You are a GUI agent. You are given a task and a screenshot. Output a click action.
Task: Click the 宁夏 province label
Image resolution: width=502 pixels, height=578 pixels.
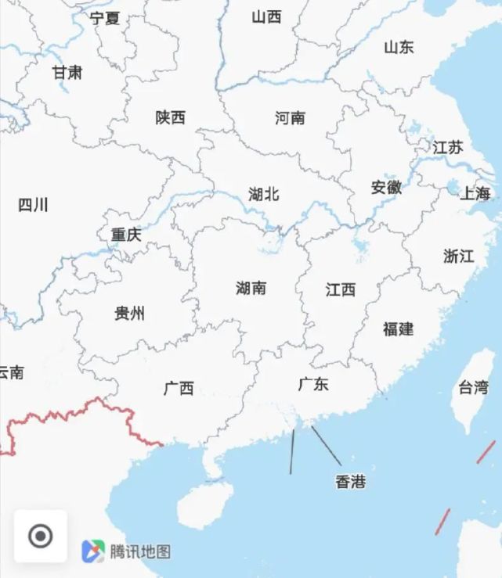point(105,18)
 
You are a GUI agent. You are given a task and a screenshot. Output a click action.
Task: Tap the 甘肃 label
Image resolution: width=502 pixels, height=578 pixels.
point(67,73)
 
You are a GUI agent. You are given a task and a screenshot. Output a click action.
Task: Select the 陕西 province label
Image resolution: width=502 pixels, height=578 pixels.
point(171,117)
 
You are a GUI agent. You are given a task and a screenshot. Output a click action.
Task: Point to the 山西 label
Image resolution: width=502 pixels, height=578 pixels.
point(266,16)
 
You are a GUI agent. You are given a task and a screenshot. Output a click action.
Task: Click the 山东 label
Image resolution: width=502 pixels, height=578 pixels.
point(399,47)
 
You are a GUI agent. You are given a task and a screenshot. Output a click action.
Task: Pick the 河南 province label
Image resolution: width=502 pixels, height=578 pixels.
point(291,118)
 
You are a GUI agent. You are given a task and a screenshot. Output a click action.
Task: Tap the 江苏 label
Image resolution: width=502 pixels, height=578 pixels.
point(448,147)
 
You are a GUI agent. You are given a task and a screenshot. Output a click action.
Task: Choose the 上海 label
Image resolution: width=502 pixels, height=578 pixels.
point(475,193)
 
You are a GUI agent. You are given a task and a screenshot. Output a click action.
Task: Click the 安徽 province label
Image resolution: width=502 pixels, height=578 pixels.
point(386,188)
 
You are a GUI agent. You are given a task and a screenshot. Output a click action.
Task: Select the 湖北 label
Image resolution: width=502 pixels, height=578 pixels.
point(264,194)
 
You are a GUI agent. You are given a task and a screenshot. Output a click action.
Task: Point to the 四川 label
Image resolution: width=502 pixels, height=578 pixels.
point(33,205)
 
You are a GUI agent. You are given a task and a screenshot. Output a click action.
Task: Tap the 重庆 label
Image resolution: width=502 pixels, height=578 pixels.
point(126,235)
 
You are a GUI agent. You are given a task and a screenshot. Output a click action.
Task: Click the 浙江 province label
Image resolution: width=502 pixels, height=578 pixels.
point(459,257)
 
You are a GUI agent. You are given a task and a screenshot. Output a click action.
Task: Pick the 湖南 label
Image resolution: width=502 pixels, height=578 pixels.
point(251,288)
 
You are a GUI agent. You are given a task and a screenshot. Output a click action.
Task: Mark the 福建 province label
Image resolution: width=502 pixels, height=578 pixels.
point(399,329)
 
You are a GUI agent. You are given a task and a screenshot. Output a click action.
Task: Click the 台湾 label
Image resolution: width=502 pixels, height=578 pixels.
point(474,386)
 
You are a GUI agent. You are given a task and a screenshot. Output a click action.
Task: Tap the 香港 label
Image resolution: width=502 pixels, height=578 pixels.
point(350,482)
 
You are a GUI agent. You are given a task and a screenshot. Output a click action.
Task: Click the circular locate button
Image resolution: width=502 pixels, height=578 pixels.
point(40,537)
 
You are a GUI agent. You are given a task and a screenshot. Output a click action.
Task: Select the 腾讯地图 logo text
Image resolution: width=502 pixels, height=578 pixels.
point(140,551)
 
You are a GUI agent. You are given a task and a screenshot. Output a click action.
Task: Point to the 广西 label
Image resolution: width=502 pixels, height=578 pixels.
point(179,388)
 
